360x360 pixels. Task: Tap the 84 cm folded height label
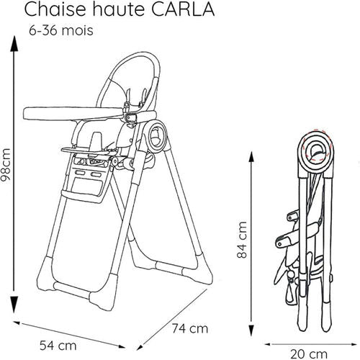242,241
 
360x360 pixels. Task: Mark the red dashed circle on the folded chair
315,148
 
